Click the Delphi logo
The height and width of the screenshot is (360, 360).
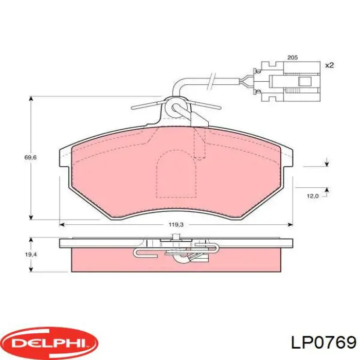pyautogui.click(x=49, y=343)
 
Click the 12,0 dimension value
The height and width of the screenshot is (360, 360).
pyautogui.click(x=313, y=196)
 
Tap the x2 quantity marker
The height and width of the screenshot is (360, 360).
pyautogui.click(x=330, y=65)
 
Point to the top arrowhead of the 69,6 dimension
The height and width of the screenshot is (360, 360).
pyautogui.click(x=32, y=98)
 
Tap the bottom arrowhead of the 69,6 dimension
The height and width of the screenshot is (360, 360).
pyautogui.click(x=32, y=217)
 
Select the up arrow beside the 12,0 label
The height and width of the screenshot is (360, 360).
pyautogui.click(x=327, y=190)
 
